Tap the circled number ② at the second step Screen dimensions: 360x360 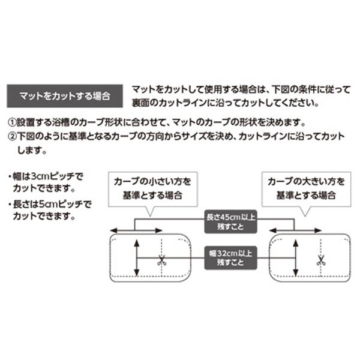coord(12,136)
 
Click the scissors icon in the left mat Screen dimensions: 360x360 coord(161,260)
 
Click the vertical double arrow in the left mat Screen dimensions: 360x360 coord(137,258)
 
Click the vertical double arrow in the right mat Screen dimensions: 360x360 coord(296,258)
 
